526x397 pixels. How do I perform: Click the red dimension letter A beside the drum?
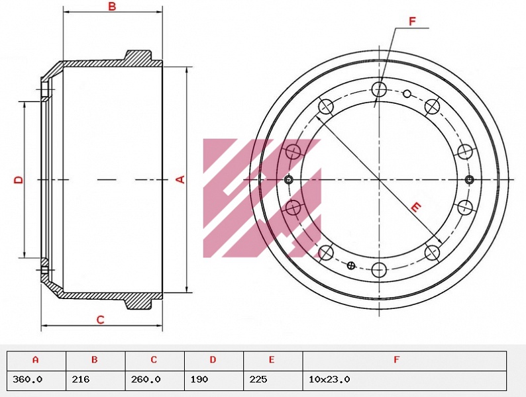pyautogui.click(x=181, y=179)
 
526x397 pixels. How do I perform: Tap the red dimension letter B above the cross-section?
pyautogui.click(x=112, y=6)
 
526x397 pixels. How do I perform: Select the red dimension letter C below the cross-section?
pyautogui.click(x=100, y=320)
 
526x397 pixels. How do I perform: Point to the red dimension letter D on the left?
pyautogui.click(x=19, y=179)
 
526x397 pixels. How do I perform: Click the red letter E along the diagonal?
pyautogui.click(x=416, y=207)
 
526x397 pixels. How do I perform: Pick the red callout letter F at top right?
pyautogui.click(x=412, y=21)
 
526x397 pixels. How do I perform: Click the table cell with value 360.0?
pyautogui.click(x=36, y=380)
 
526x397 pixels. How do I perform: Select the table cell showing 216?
pyautogui.click(x=95, y=380)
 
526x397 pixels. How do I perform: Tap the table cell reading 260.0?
pyautogui.click(x=155, y=380)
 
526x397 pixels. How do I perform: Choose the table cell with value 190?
pyautogui.click(x=214, y=380)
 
